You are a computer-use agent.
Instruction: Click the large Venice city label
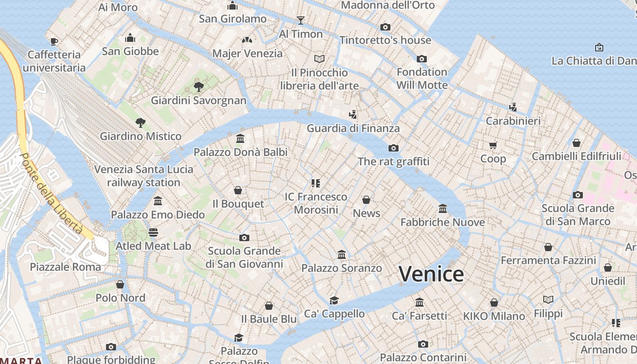(431, 274)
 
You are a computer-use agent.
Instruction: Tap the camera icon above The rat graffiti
(394, 148)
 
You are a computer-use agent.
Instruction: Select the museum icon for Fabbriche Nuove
(442, 209)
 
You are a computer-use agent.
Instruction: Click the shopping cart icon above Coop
(493, 145)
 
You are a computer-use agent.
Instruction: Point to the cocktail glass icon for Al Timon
(300, 20)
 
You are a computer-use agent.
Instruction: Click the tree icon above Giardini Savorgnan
(198, 86)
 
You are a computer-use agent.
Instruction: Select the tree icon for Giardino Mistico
(140, 122)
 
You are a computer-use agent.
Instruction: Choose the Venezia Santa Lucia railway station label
(143, 176)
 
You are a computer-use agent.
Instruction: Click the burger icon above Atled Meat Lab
(153, 233)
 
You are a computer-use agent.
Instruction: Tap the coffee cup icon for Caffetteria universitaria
(54, 41)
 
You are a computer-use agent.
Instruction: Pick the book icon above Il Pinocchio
(319, 59)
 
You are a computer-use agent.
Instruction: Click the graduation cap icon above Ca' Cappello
(334, 300)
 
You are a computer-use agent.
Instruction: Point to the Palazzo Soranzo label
(341, 268)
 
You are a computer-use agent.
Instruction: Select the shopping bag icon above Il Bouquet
(238, 190)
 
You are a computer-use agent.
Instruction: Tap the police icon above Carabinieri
(513, 107)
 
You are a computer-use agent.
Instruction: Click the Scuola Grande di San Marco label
(577, 215)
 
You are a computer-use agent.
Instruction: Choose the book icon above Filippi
(548, 299)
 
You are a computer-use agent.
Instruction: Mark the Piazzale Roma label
(65, 267)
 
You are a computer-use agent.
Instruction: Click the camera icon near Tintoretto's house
(385, 27)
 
